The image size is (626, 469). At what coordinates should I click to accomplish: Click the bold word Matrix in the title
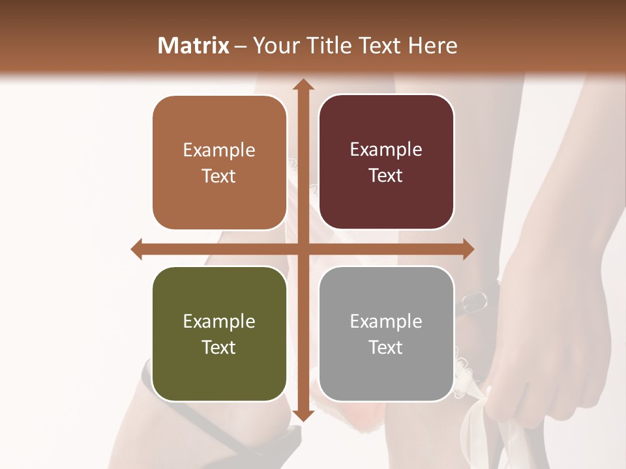pyautogui.click(x=194, y=46)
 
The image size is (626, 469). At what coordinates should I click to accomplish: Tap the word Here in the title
pyautogui.click(x=433, y=46)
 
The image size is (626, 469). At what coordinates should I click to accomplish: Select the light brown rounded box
pyautogui.click(x=219, y=163)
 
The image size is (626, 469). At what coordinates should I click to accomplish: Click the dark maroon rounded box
pyautogui.click(x=386, y=162)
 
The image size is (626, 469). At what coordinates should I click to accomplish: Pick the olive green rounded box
pyautogui.click(x=219, y=334)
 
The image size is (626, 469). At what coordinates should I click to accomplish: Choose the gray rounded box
pyautogui.click(x=386, y=334)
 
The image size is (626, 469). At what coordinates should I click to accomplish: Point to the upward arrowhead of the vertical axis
pyautogui.click(x=303, y=85)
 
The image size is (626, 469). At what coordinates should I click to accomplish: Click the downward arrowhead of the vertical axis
pyautogui.click(x=303, y=416)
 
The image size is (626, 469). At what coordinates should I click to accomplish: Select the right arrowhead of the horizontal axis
pyautogui.click(x=468, y=249)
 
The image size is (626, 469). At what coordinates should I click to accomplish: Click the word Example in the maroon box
pyautogui.click(x=386, y=150)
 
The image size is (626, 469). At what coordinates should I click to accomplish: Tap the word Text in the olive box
pyautogui.click(x=219, y=347)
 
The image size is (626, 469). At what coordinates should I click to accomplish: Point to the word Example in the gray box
pyautogui.click(x=386, y=321)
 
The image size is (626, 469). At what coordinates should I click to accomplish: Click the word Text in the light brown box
pyautogui.click(x=219, y=176)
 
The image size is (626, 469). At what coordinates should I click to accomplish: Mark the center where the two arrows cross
pyautogui.click(x=303, y=249)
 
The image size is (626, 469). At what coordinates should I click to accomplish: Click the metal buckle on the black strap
pyautogui.click(x=475, y=300)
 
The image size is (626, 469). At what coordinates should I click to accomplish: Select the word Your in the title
pyautogui.click(x=274, y=46)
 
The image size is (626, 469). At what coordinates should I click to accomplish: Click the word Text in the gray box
pyautogui.click(x=386, y=347)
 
